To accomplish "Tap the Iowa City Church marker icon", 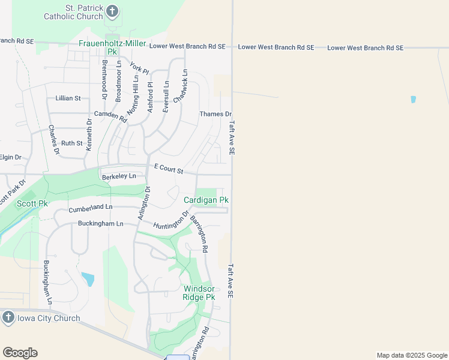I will click(x=8, y=317).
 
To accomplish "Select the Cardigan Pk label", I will click(x=206, y=200).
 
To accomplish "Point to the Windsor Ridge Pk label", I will click(x=199, y=292).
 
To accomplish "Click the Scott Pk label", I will click(x=32, y=203).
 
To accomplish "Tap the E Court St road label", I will click(x=169, y=169).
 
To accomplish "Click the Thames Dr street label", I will click(x=215, y=114).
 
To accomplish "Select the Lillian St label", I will click(x=68, y=98).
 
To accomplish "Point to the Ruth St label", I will click(x=71, y=143).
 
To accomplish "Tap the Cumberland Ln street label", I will click(x=91, y=208).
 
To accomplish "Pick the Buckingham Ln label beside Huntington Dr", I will click(x=100, y=224).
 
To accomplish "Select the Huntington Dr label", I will click(x=172, y=220).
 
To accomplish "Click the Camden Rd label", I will click(x=111, y=116).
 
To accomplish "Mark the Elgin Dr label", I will click(x=10, y=157).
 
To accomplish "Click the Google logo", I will click(x=20, y=353).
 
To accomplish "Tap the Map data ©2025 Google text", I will click(x=412, y=355).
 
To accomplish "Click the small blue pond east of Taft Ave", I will click(x=413, y=99).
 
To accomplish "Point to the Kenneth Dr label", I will click(x=89, y=134).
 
